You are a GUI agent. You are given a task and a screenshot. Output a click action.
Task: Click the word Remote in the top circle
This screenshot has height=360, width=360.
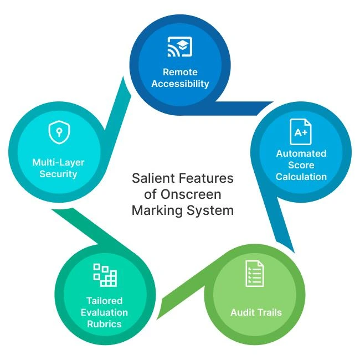[x=180, y=72]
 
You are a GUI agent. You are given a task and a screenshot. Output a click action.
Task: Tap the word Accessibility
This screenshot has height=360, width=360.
[x=180, y=84]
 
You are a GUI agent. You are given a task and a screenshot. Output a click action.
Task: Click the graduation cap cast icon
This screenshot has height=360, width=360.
[x=180, y=49]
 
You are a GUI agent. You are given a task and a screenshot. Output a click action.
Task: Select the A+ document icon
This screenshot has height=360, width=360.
[x=301, y=132]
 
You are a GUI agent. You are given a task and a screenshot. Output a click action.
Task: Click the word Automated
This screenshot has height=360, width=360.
[x=301, y=153]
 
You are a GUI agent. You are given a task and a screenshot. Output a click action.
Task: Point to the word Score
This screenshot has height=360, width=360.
[x=301, y=165]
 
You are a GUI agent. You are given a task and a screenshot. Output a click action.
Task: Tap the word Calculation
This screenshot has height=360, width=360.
[x=301, y=177]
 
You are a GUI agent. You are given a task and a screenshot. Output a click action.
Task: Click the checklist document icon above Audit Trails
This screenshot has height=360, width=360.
[x=255, y=274]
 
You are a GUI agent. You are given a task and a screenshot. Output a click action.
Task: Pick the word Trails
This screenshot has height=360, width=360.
[x=269, y=312]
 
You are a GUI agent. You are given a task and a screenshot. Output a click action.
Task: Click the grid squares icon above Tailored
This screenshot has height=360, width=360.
[x=104, y=275]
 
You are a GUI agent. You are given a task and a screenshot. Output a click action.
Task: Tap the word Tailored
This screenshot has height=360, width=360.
[x=104, y=301]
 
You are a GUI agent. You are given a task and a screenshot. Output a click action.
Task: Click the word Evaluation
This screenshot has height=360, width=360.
[x=104, y=312]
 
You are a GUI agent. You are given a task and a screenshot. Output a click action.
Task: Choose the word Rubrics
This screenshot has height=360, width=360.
[x=104, y=324]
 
